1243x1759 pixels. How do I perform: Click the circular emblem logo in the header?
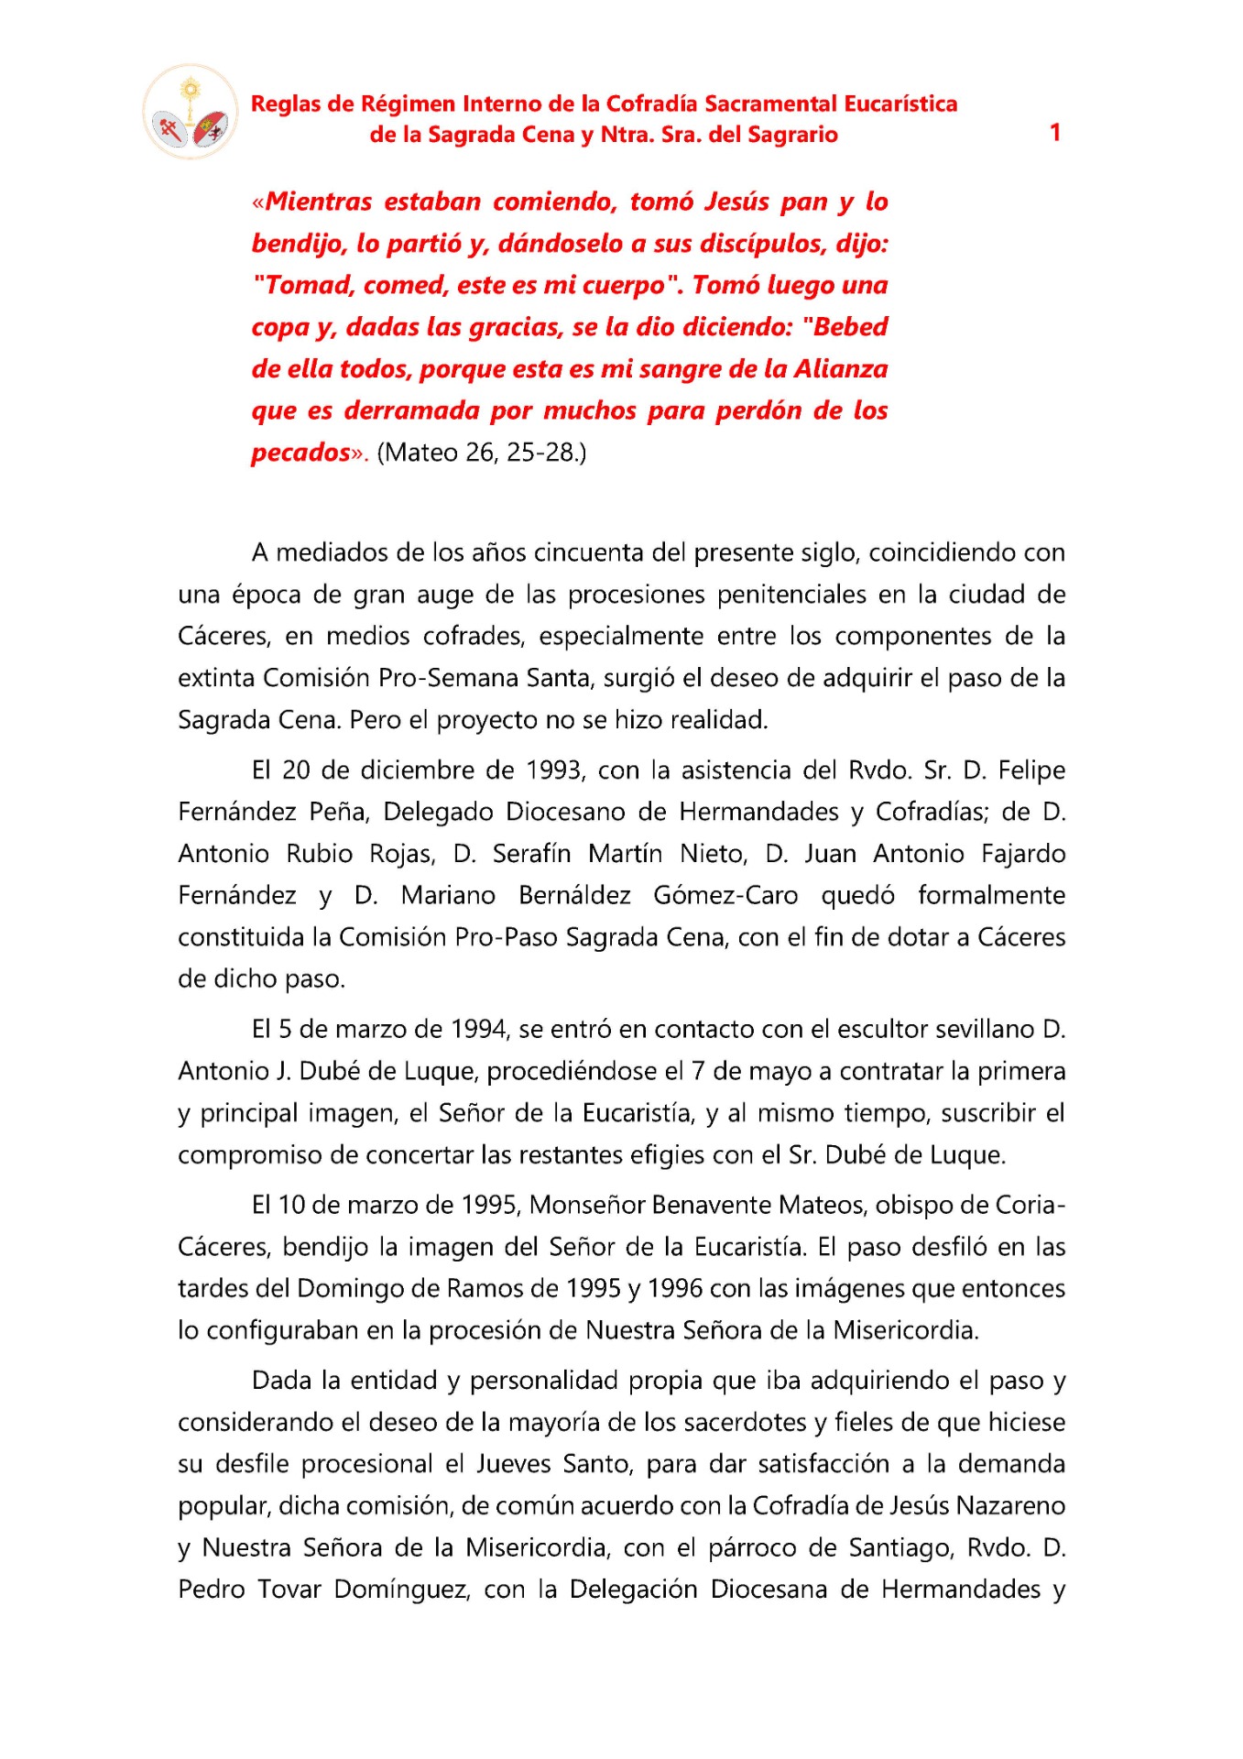(190, 113)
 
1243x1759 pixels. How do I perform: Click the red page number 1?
(1054, 133)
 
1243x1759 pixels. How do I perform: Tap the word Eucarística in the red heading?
(900, 104)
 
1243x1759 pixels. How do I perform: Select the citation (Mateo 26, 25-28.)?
(482, 453)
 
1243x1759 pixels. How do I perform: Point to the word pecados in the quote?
(301, 453)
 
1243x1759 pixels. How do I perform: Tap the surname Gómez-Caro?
(725, 895)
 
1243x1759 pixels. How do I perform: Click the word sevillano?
(985, 1030)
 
